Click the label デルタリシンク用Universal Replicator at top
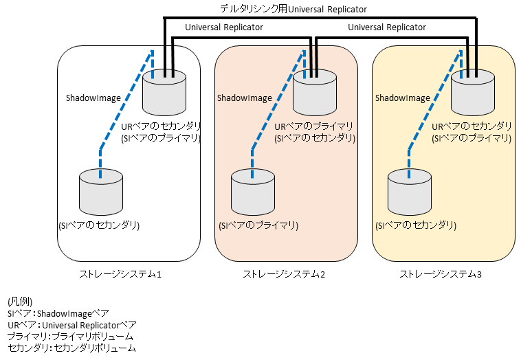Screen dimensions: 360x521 tap(293, 10)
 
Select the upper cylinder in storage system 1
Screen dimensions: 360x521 tap(164, 93)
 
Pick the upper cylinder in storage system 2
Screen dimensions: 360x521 tap(315, 93)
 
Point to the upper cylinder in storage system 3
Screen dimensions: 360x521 tap(472, 93)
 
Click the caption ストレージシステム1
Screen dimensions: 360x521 tap(120, 275)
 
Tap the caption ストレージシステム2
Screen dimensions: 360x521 tap(284, 275)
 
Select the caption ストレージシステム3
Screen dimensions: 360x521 tap(441, 275)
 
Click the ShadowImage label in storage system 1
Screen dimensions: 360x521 tap(93, 98)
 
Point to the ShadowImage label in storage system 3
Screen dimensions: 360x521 tap(403, 98)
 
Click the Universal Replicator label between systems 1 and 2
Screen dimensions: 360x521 tap(224, 27)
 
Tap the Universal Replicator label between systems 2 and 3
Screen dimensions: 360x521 tap(387, 27)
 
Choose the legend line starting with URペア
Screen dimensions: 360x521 tap(71, 325)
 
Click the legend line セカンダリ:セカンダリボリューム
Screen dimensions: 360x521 tap(71, 348)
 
